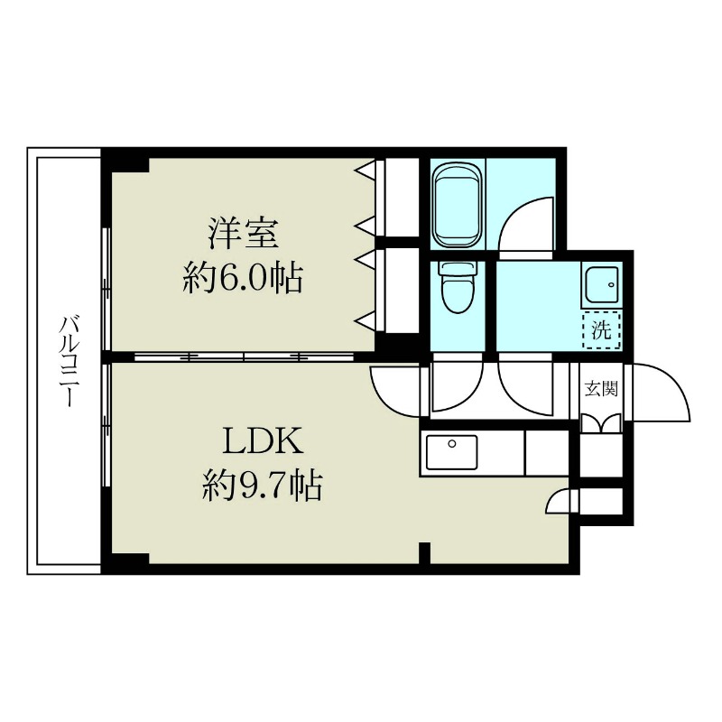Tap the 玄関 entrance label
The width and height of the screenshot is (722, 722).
click(601, 390)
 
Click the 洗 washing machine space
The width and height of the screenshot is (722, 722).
click(601, 329)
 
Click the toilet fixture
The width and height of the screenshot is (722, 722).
click(456, 291)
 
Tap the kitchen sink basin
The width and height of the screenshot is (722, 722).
click(451, 451)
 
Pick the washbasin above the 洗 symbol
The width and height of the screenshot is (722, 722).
click(600, 287)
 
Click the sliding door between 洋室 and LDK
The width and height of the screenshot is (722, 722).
click(244, 356)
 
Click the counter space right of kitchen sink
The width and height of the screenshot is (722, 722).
click(546, 451)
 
